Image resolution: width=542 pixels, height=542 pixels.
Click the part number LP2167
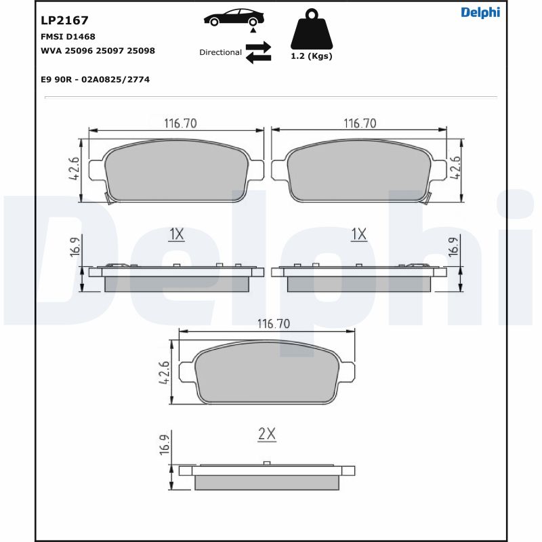[x=64, y=21]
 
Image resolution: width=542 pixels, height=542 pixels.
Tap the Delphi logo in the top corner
[x=480, y=12]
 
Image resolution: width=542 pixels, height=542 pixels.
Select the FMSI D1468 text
[x=68, y=37]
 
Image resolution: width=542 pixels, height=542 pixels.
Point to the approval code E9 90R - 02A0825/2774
[x=95, y=79]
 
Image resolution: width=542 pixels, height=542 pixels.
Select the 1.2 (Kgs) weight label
[x=311, y=56]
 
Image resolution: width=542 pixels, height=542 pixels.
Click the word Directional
[x=220, y=52]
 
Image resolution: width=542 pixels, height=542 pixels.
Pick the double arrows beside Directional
[x=258, y=52]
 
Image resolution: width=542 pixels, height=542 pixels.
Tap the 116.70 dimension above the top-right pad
[x=360, y=123]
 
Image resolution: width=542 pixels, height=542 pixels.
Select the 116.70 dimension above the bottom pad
[x=272, y=325]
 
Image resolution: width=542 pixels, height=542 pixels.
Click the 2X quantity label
[x=267, y=435]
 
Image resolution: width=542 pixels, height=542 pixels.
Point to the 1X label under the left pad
[x=176, y=234]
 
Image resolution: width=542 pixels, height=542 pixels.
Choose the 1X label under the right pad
[x=358, y=234]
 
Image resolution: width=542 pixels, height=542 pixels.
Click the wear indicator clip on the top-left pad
[x=108, y=197]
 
